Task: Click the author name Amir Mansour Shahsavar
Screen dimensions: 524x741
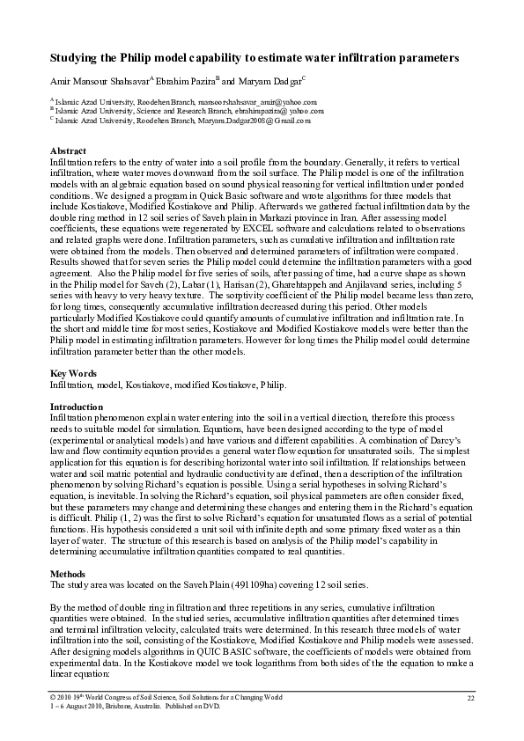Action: pyautogui.click(x=99, y=80)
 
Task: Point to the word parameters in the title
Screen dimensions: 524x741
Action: pyautogui.click(x=426, y=58)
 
